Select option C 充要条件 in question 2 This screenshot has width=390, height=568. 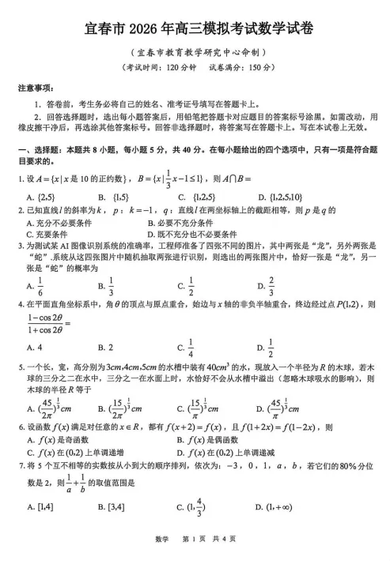tap(47, 234)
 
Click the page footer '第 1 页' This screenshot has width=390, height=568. tap(195, 560)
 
